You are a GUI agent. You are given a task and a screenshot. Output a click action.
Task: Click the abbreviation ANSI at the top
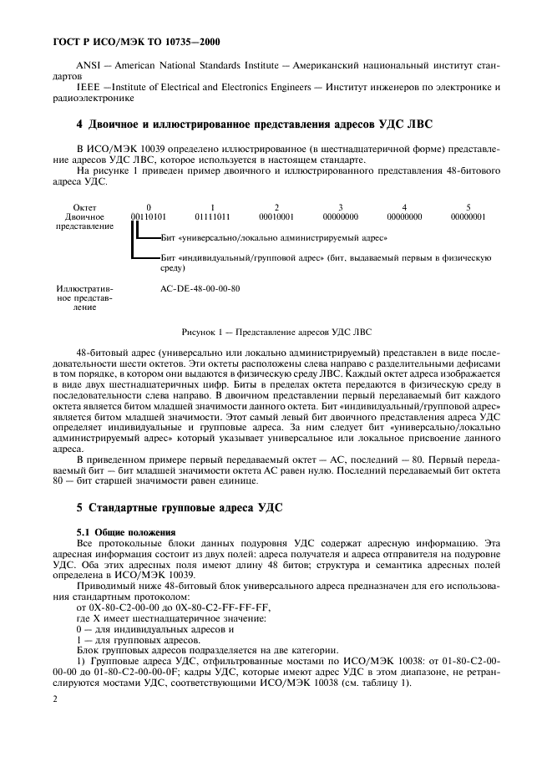[x=89, y=64]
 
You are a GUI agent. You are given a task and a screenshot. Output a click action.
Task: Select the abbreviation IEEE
[x=89, y=88]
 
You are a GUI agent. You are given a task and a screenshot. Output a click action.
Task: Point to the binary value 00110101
[x=149, y=216]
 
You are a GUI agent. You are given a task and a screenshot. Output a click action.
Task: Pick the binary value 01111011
[x=212, y=216]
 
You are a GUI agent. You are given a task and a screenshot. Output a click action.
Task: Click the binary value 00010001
[x=276, y=216]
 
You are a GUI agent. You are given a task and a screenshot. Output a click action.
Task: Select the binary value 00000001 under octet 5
[x=468, y=216]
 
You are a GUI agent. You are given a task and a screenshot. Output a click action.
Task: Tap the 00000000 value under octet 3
[x=340, y=216]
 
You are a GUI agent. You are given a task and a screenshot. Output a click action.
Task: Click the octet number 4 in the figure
[x=404, y=206]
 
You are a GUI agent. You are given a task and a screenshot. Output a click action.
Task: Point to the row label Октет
[x=85, y=206]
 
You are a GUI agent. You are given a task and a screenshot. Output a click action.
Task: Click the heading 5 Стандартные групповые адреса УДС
[x=183, y=509]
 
